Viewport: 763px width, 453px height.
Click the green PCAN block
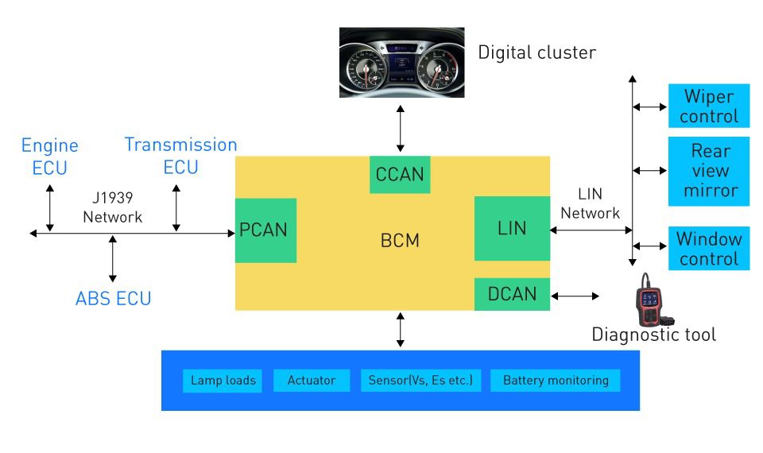pos(265,230)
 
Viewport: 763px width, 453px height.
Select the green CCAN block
pos(400,174)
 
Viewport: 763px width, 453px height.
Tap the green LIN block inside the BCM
pos(511,228)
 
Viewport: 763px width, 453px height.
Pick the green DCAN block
pos(511,294)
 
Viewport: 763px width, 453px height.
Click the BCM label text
pos(400,240)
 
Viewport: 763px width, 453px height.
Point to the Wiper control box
pos(709,106)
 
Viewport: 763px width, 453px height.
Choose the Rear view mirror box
pos(709,171)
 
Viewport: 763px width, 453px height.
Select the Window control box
pos(709,248)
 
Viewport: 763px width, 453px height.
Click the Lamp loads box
pos(223,381)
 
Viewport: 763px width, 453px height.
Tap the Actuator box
pos(311,381)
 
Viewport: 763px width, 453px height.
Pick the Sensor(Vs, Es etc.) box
pos(420,381)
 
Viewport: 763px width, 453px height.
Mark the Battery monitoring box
pos(556,381)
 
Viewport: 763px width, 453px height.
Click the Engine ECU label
pos(49,157)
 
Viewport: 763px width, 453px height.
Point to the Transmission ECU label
pos(180,156)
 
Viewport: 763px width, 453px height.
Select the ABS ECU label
pos(113,299)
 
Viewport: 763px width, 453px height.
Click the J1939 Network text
pos(113,208)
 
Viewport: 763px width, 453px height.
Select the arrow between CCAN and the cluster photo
pos(400,126)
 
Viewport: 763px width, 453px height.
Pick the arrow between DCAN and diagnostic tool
pos(575,296)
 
